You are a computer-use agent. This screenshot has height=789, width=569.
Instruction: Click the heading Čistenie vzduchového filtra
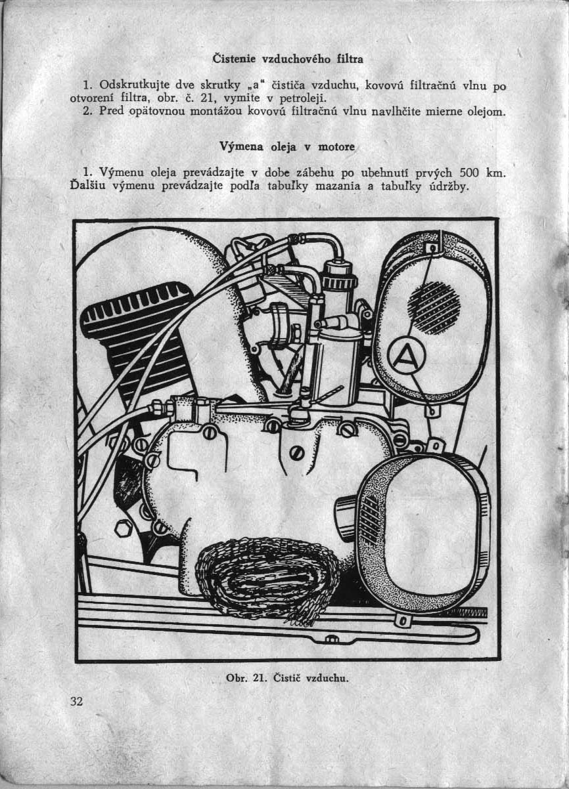288,59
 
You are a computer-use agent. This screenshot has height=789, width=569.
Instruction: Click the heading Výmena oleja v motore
288,148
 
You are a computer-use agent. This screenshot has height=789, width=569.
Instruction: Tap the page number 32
76,701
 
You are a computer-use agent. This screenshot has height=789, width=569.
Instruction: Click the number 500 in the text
468,173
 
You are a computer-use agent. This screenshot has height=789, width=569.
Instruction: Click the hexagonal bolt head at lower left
124,527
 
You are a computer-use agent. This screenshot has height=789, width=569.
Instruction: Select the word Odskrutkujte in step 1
129,85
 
